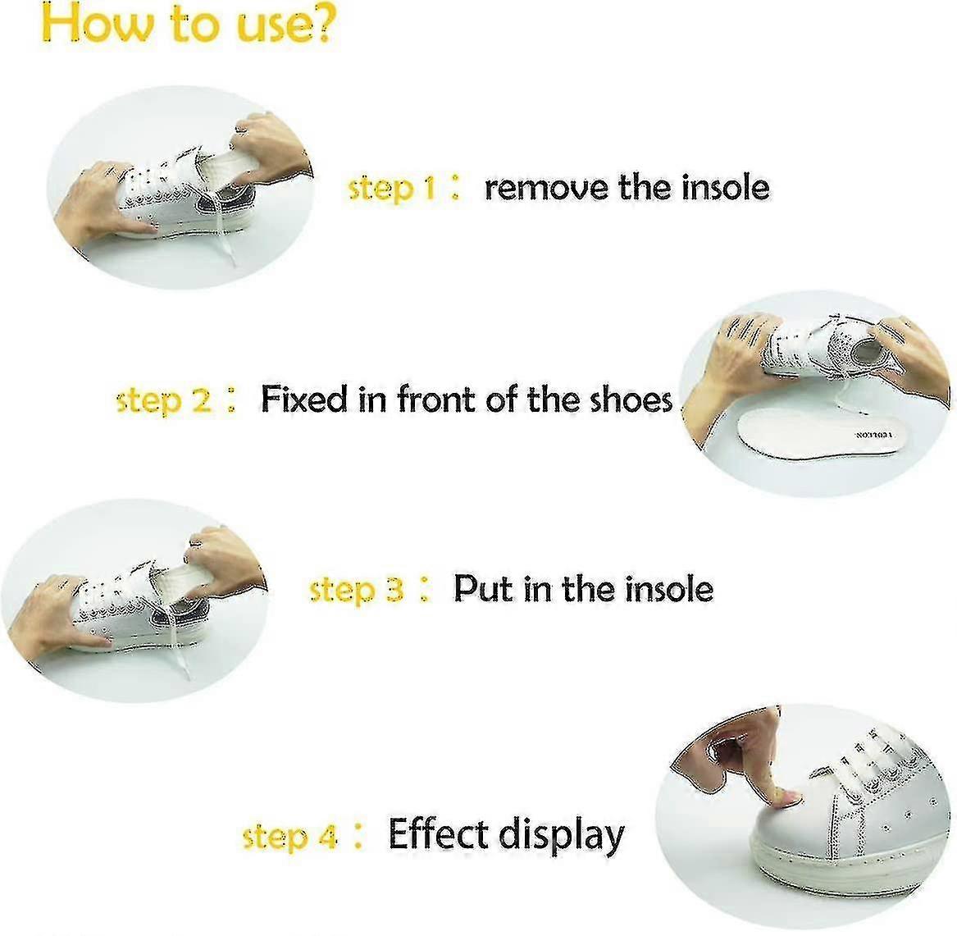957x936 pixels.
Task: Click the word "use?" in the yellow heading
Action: click(x=274, y=26)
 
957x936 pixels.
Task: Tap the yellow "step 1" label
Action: click(x=392, y=188)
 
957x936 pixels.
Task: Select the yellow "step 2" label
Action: click(x=164, y=400)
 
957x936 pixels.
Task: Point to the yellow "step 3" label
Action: click(x=356, y=590)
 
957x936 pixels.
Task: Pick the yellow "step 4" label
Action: click(x=289, y=837)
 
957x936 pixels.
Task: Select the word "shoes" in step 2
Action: click(x=631, y=400)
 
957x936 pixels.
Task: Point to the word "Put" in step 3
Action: click(x=483, y=589)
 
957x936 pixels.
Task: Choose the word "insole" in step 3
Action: click(x=669, y=589)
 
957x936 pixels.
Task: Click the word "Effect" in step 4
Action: click(x=439, y=834)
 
